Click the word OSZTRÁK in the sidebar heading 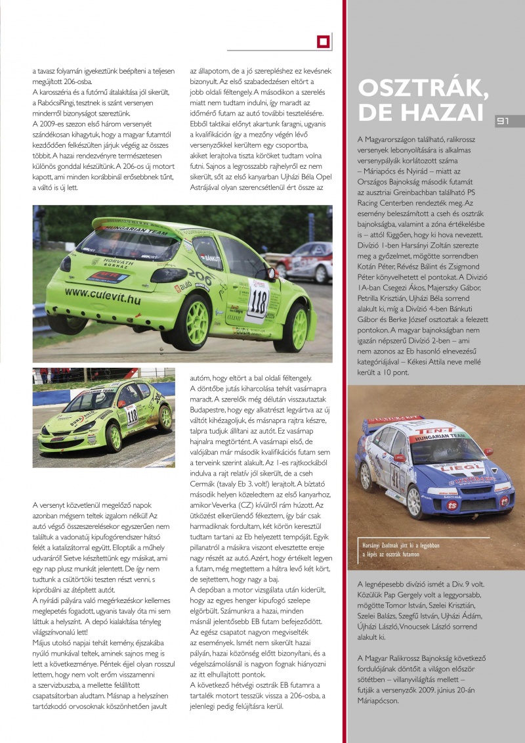pos(418,88)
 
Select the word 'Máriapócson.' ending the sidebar pos(377,701)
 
